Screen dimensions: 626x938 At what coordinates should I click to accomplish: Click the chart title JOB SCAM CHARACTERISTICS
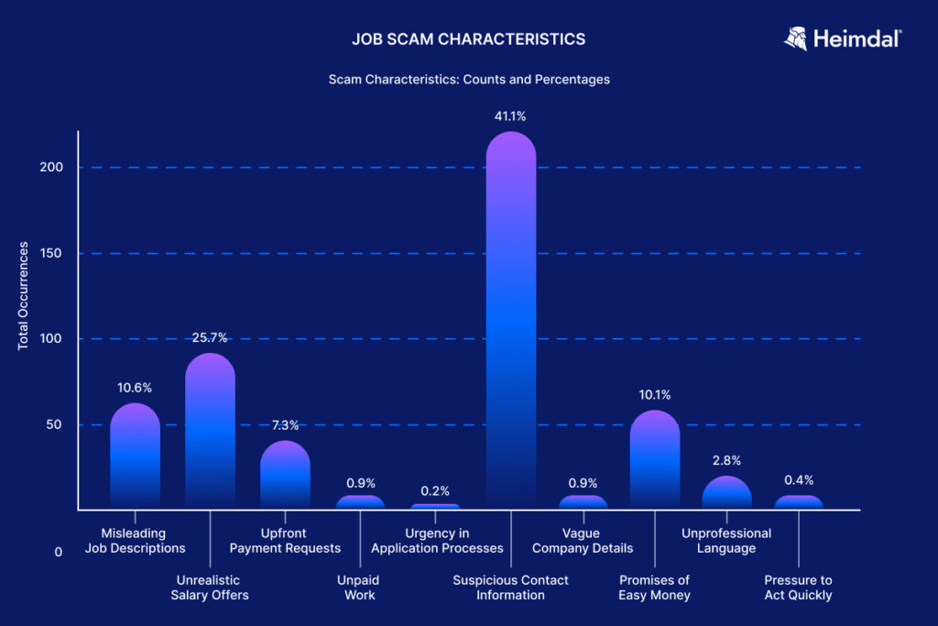[x=468, y=39]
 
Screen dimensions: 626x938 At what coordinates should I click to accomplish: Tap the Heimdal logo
[x=843, y=38]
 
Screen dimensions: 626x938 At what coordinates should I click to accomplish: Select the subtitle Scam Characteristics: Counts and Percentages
[x=469, y=80]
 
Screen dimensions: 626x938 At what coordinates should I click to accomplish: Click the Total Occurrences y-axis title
[x=24, y=296]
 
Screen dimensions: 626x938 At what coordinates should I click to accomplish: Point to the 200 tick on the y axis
[x=51, y=168]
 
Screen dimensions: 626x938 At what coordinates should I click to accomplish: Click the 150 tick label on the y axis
[x=51, y=253]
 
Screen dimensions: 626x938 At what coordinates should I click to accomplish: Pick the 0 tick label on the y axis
[x=58, y=552]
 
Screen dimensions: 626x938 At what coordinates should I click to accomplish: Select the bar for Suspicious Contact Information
[x=510, y=321]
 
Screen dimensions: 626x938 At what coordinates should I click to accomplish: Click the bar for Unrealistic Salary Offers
[x=210, y=431]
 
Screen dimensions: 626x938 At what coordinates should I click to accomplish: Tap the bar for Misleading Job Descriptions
[x=135, y=456]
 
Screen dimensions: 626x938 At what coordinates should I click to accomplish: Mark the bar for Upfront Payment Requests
[x=285, y=475]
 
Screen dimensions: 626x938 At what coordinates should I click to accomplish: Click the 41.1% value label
[x=510, y=116]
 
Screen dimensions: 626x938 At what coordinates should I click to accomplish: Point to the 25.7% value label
[x=210, y=337]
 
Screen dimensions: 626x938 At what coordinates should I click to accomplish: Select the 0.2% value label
[x=435, y=491]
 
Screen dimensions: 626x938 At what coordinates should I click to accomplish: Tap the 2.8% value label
[x=726, y=460]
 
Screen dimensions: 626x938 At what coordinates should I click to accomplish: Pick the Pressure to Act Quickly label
[x=798, y=588]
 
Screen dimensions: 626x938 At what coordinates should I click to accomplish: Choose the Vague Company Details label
[x=583, y=541]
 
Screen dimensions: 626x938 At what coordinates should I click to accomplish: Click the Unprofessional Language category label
[x=726, y=541]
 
